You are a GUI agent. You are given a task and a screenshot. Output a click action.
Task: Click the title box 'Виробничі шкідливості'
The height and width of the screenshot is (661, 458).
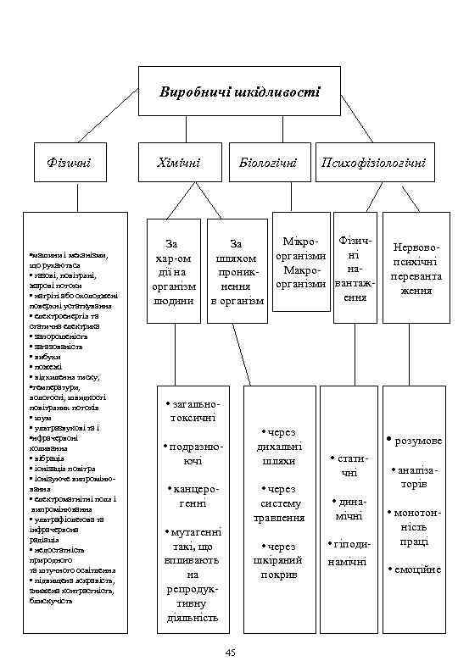[x=241, y=92]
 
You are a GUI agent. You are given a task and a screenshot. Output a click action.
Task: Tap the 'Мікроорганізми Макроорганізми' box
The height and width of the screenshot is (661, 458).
[x=301, y=263]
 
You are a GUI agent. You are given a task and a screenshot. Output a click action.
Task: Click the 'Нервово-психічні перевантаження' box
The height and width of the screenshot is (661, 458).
[x=413, y=269]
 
